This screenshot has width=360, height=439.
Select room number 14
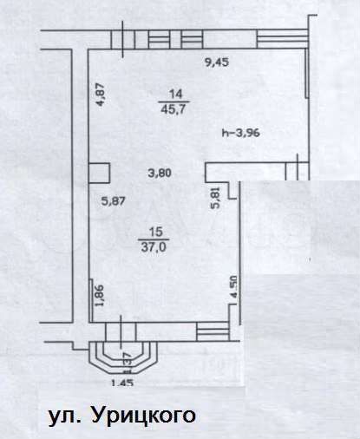pyautogui.click(x=176, y=95)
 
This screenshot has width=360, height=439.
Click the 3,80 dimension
pyautogui.click(x=159, y=172)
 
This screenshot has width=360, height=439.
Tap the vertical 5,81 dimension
pyautogui.click(x=216, y=197)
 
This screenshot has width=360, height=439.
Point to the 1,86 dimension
pyautogui.click(x=101, y=296)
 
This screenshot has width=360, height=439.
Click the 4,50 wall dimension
pyautogui.click(x=232, y=287)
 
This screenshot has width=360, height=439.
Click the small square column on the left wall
pyautogui.click(x=98, y=174)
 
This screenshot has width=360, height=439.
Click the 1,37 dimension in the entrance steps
pyautogui.click(x=127, y=357)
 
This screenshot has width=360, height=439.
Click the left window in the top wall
pyautogui.click(x=161, y=38)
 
